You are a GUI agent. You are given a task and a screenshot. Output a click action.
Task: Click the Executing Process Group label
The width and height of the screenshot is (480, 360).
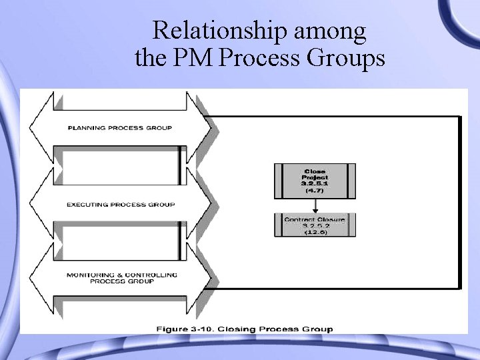(x=121, y=205)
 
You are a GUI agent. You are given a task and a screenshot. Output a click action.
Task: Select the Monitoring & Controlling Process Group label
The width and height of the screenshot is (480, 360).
(x=121, y=278)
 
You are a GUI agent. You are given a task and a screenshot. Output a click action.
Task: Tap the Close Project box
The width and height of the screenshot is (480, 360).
(x=315, y=181)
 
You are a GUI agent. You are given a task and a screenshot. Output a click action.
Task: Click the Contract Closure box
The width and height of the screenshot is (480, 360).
(x=315, y=225)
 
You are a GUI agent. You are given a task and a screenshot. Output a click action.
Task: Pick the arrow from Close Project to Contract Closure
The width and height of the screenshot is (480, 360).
(x=315, y=205)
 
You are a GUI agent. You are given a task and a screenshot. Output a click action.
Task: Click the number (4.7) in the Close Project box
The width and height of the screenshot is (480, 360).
(x=315, y=191)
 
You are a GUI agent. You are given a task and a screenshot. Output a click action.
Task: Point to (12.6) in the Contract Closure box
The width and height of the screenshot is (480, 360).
(x=315, y=232)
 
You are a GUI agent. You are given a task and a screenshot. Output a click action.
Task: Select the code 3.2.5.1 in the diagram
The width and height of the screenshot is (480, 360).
(x=315, y=183)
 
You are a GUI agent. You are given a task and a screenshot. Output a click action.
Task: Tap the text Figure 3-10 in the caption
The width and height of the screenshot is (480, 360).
(x=183, y=329)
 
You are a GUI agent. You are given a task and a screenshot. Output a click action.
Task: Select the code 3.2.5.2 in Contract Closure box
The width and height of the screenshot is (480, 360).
(x=315, y=225)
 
